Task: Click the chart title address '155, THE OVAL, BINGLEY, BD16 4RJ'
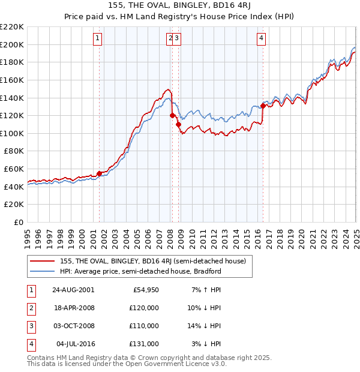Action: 179,6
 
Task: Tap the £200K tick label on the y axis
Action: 12,44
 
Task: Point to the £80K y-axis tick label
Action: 14,151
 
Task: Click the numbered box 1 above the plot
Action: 98,40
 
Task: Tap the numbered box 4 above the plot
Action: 262,40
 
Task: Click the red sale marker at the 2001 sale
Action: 100,173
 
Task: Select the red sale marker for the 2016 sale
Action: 263,106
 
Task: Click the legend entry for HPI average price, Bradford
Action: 140,271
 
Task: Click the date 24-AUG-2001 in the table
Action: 73,290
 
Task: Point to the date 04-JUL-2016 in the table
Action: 73,344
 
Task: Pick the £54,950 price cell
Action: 145,290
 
